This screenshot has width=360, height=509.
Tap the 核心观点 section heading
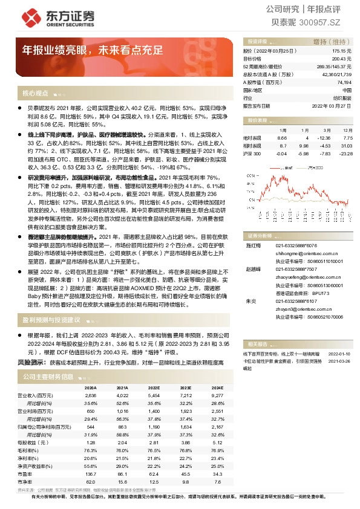[35, 94]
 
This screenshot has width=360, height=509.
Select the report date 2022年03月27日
[332, 105]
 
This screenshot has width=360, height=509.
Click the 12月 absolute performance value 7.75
[347, 138]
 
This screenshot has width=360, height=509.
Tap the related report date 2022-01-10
[339, 352]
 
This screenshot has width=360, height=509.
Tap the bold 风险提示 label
[31, 362]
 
